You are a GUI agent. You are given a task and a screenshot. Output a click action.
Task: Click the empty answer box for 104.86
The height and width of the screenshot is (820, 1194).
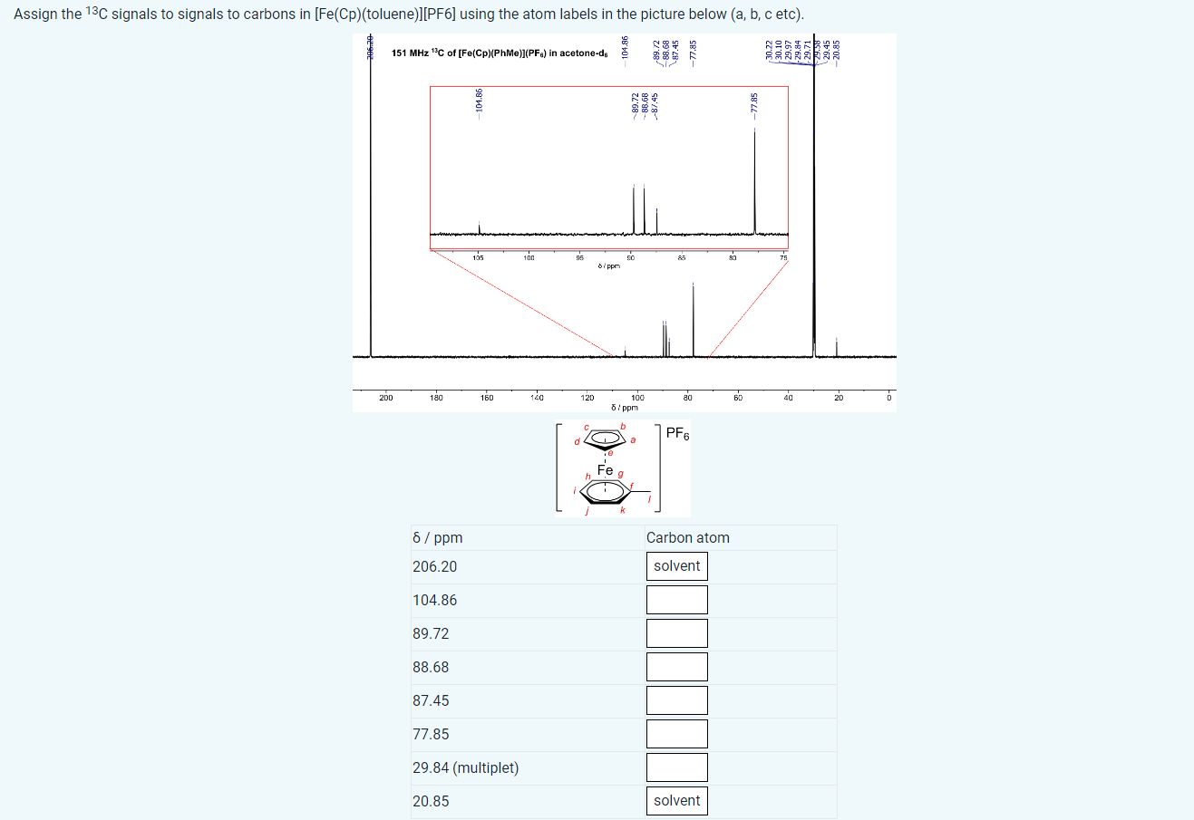point(676,600)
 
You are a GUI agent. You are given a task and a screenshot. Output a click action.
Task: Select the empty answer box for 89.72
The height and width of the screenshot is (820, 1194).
point(676,633)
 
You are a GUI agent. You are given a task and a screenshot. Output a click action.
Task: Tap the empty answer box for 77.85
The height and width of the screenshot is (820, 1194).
point(676,734)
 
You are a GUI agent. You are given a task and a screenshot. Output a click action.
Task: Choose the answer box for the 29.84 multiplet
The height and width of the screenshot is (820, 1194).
point(676,767)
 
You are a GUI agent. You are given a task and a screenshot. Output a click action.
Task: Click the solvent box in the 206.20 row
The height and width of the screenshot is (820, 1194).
point(676,566)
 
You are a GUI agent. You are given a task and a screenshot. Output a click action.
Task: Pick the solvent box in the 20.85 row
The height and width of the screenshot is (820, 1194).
point(676,801)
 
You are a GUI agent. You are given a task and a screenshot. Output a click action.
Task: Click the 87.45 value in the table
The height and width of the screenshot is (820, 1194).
point(431,700)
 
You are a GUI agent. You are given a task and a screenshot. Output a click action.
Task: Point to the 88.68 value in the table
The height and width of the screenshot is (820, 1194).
point(431,667)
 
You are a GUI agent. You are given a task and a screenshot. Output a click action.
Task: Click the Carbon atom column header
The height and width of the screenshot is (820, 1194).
point(687,537)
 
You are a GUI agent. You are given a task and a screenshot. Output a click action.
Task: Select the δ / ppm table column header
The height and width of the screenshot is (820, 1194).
point(437,537)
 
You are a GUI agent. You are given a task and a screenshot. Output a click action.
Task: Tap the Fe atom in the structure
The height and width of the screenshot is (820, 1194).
point(605,469)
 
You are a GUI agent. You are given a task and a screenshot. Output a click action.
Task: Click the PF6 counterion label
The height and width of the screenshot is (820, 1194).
point(677,433)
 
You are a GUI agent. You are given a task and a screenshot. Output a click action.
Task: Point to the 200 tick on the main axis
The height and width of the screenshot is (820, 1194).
point(386,398)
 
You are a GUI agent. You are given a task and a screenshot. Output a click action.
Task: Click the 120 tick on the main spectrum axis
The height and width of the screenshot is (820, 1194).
point(587,398)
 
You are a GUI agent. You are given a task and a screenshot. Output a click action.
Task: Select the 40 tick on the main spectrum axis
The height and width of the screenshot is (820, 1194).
point(788,398)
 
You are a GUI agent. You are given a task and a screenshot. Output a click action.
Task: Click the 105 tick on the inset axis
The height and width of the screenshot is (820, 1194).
point(478,258)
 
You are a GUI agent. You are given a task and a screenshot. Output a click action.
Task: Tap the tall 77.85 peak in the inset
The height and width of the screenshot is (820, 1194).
point(755,181)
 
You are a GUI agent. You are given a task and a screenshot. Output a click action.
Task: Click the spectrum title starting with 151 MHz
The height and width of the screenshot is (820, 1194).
point(499,53)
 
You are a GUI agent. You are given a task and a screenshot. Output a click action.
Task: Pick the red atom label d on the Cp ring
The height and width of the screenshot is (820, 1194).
point(577,442)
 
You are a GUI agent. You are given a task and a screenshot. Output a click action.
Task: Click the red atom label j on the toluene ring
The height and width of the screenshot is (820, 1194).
point(587,511)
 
